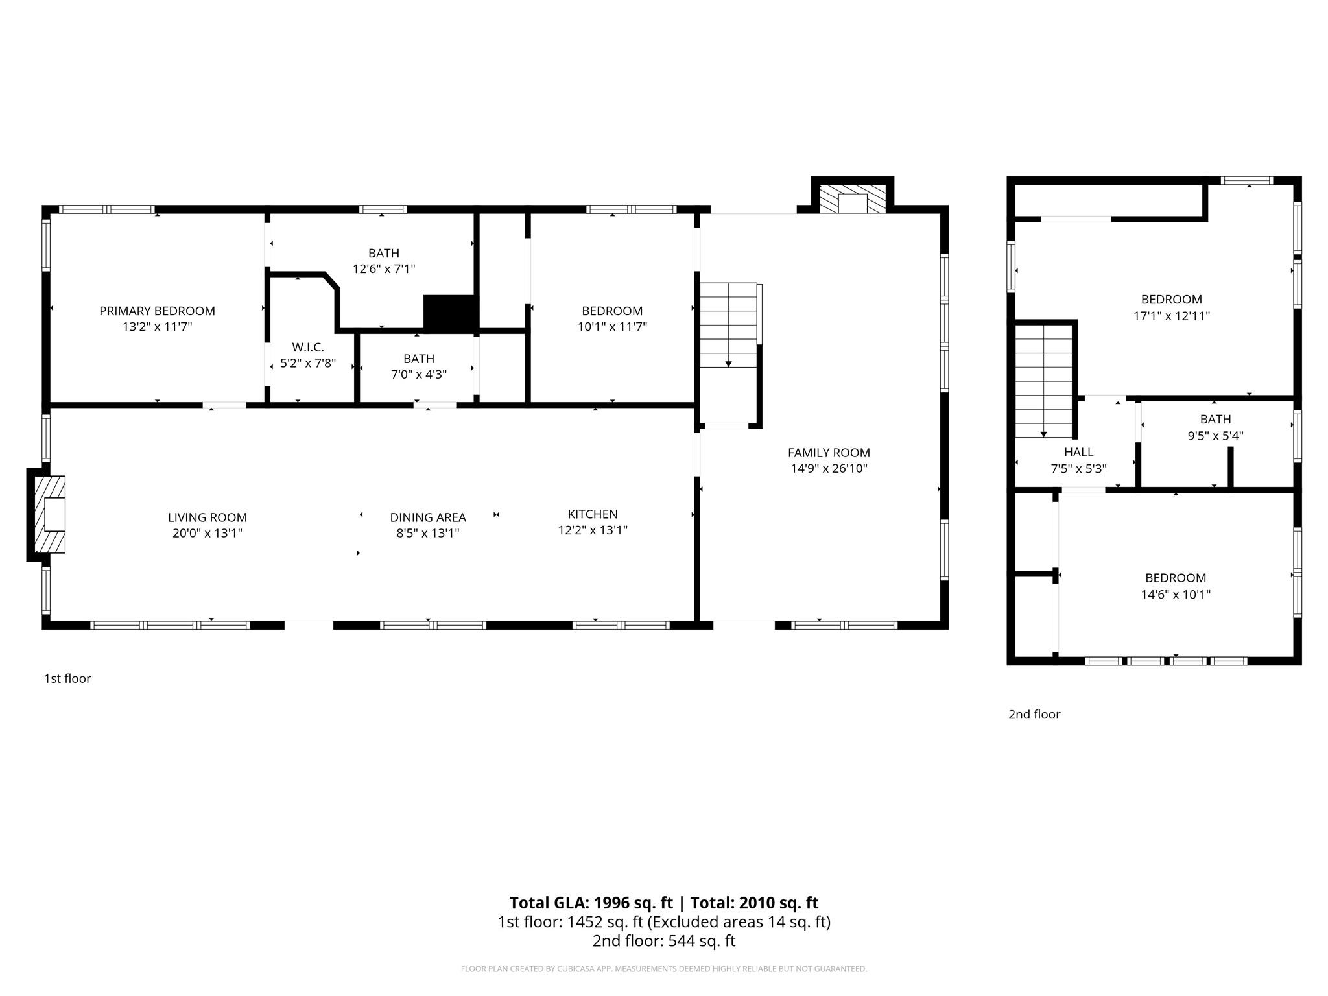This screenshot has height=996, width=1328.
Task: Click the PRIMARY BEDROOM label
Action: (157, 311)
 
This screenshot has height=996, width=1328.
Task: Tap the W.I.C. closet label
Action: (307, 347)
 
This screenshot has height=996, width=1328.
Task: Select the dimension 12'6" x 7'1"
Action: (384, 268)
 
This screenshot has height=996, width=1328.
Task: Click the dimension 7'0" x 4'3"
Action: (419, 374)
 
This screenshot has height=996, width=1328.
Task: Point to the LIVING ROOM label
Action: (207, 517)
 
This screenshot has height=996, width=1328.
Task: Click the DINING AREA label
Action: (427, 517)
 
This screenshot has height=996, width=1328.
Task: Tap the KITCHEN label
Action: (592, 514)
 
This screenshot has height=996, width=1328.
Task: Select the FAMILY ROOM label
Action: (828, 452)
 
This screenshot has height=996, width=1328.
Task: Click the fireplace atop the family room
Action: (852, 198)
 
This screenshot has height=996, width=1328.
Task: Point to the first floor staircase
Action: (728, 324)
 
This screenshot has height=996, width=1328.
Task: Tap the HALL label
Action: (1078, 452)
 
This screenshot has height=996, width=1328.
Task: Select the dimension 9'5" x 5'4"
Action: (1215, 436)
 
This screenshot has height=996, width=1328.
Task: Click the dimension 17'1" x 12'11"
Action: (1171, 316)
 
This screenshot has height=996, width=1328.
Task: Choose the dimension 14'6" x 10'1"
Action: (1175, 594)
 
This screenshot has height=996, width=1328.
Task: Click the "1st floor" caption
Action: (67, 678)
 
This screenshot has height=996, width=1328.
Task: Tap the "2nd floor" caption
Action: (1034, 714)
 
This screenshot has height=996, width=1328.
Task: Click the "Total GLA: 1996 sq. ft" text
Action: (590, 903)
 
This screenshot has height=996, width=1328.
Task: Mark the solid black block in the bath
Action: (450, 313)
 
